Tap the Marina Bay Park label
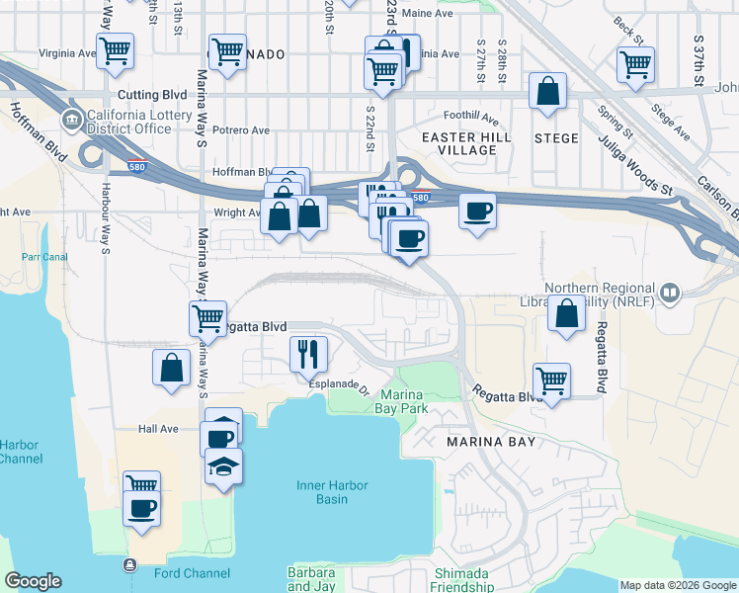[402, 400]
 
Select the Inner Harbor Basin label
[337, 491]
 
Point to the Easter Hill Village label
[459, 143]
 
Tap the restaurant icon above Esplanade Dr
[308, 352]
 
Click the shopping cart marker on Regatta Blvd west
[207, 317]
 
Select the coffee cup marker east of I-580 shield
[477, 211]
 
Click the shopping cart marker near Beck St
[635, 64]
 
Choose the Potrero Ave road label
[240, 130]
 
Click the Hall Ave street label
[158, 429]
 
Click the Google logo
[33, 581]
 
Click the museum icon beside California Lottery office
[71, 121]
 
